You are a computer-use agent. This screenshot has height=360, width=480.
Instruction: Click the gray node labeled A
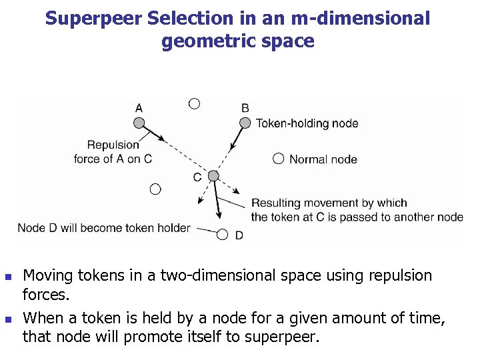[x=139, y=123]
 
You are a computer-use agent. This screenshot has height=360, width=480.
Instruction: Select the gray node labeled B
[x=245, y=123]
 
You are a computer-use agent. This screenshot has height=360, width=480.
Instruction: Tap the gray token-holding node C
[x=213, y=176]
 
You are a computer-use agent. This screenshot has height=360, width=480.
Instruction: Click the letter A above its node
[x=139, y=107]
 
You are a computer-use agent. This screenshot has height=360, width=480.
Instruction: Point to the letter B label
[x=245, y=107]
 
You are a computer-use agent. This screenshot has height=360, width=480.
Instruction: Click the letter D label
[x=239, y=235]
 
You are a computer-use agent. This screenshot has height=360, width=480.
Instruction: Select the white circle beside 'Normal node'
[x=278, y=159]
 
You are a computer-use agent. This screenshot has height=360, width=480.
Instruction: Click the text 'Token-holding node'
[x=307, y=123]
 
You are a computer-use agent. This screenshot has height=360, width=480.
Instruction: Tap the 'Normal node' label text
[x=323, y=159]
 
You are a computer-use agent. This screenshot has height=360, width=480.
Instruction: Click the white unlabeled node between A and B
[x=194, y=103]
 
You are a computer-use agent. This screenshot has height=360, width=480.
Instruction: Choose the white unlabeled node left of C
[x=155, y=189]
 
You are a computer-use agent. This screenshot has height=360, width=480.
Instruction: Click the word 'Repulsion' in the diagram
[x=113, y=145]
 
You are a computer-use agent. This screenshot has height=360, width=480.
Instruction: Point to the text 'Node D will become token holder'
[x=104, y=228]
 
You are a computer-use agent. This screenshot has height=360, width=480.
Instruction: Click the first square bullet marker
[x=8, y=276]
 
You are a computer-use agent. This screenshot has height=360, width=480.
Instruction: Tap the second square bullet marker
[x=8, y=319]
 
